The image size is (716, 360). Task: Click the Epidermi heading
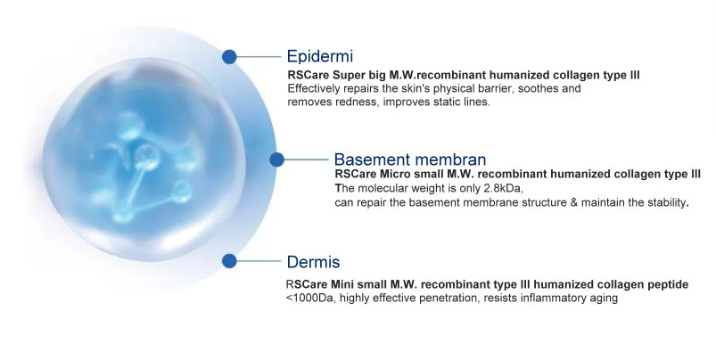point(319,56)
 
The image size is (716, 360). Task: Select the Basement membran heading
point(410,160)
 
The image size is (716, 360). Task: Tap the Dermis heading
point(313,262)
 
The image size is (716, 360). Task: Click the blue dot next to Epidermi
point(229,56)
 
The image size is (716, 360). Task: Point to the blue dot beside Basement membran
point(276,160)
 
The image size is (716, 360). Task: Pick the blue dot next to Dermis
point(229,261)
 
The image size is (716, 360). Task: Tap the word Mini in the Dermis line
point(342,284)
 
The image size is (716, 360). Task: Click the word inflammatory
point(552,298)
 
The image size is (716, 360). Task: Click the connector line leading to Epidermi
point(259,56)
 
